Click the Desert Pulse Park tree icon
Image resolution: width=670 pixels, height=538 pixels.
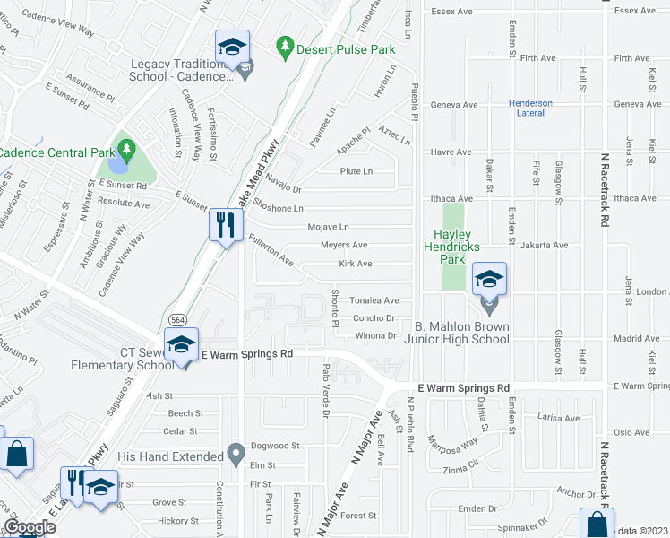click(285, 45)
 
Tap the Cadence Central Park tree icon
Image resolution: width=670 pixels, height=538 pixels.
click(126, 147)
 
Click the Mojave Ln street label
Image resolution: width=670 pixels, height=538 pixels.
click(328, 227)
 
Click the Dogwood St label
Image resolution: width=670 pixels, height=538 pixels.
click(275, 446)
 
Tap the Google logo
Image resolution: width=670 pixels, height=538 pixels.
click(30, 527)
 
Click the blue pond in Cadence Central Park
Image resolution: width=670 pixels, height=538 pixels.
click(118, 164)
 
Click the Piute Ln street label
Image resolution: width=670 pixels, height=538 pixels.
click(356, 171)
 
